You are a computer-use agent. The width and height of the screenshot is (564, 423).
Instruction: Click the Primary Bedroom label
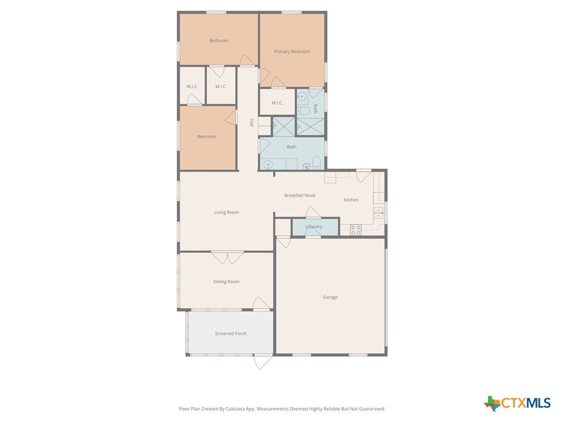292,51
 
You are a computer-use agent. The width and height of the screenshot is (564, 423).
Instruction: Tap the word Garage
330,297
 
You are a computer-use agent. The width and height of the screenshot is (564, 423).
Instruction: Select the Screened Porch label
231,333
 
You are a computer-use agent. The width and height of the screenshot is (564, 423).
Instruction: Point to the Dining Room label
226,281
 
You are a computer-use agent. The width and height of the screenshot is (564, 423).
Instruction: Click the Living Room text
226,212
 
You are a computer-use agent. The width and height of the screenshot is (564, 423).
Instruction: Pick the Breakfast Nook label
300,196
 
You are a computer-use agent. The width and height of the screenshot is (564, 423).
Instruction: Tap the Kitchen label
351,199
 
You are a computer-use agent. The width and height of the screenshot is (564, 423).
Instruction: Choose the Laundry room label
313,226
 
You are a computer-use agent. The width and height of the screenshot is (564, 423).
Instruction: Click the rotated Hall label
252,123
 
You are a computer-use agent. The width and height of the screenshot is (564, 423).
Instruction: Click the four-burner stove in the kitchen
356,230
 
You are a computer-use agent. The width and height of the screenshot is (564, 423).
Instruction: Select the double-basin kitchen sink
378,213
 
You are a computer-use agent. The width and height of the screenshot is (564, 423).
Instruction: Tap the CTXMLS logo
517,403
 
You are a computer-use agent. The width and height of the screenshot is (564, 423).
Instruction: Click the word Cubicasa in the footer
235,409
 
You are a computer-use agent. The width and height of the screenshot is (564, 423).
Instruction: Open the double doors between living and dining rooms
227,258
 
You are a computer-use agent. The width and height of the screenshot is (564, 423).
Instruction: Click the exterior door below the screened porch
263,361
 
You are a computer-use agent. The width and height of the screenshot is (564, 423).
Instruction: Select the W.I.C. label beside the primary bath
277,103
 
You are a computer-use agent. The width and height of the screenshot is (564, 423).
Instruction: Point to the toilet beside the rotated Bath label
303,110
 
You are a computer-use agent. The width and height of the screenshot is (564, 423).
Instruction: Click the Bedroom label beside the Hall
207,137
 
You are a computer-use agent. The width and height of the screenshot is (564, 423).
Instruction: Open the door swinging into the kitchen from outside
364,176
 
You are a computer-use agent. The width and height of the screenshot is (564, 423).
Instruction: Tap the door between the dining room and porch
262,303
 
